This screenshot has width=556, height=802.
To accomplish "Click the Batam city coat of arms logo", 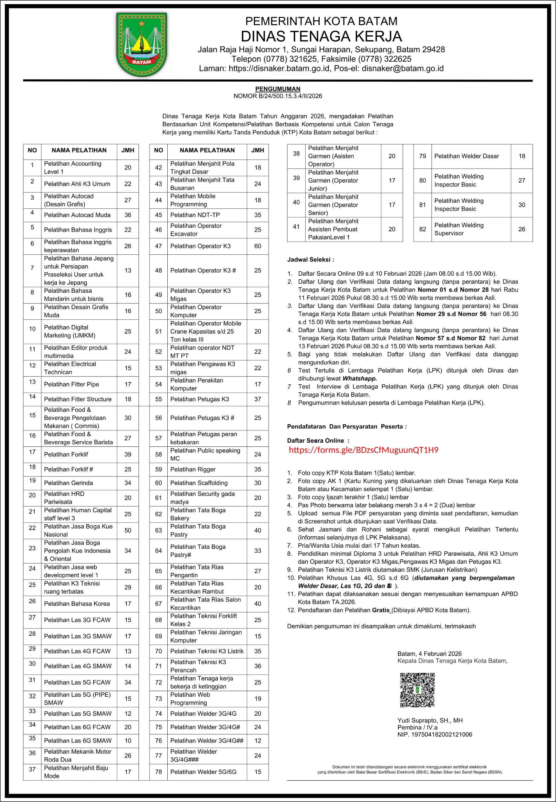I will click(141, 44).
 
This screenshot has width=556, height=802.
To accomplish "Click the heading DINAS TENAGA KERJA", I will click(321, 36).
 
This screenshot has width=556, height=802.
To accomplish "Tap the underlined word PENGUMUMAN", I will click(278, 89).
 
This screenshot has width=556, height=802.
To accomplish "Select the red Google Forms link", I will click(363, 450).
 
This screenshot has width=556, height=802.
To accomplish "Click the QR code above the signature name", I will click(417, 690).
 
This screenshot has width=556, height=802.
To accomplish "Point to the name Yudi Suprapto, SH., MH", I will click(430, 720).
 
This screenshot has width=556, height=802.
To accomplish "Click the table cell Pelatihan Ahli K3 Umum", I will click(77, 184).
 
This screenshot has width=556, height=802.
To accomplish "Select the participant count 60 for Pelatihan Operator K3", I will click(257, 246).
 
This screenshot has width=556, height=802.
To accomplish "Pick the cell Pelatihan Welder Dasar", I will click(466, 156).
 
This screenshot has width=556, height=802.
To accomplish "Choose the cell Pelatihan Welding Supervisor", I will click(459, 229).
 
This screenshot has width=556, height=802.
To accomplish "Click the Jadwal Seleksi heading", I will click(310, 259).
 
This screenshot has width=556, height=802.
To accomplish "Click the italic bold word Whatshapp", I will click(359, 378).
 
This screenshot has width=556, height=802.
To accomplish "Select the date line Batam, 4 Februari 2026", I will click(430, 654).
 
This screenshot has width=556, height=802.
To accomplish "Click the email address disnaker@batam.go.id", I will click(402, 68).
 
